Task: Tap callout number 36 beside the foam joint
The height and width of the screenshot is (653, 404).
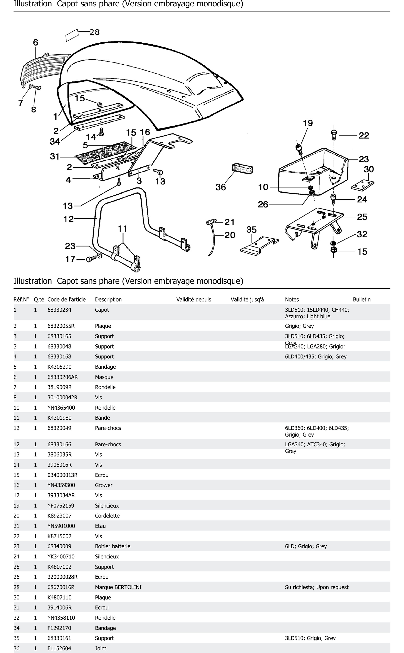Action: pyautogui.click(x=221, y=187)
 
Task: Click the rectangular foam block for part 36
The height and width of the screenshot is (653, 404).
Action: pyautogui.click(x=242, y=169)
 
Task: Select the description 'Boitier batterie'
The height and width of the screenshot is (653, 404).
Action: pyautogui.click(x=113, y=546)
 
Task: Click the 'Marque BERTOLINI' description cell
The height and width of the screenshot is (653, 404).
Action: pyautogui.click(x=118, y=587)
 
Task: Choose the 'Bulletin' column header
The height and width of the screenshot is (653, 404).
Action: pyautogui.click(x=361, y=299)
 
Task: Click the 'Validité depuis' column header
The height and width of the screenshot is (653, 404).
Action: pyautogui.click(x=194, y=299)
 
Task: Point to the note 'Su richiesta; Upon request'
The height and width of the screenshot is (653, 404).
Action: pyautogui.click(x=317, y=587)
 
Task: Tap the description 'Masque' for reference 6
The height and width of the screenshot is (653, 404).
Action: pyautogui.click(x=104, y=377)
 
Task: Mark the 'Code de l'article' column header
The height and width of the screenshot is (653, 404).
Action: pyautogui.click(x=66, y=299)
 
